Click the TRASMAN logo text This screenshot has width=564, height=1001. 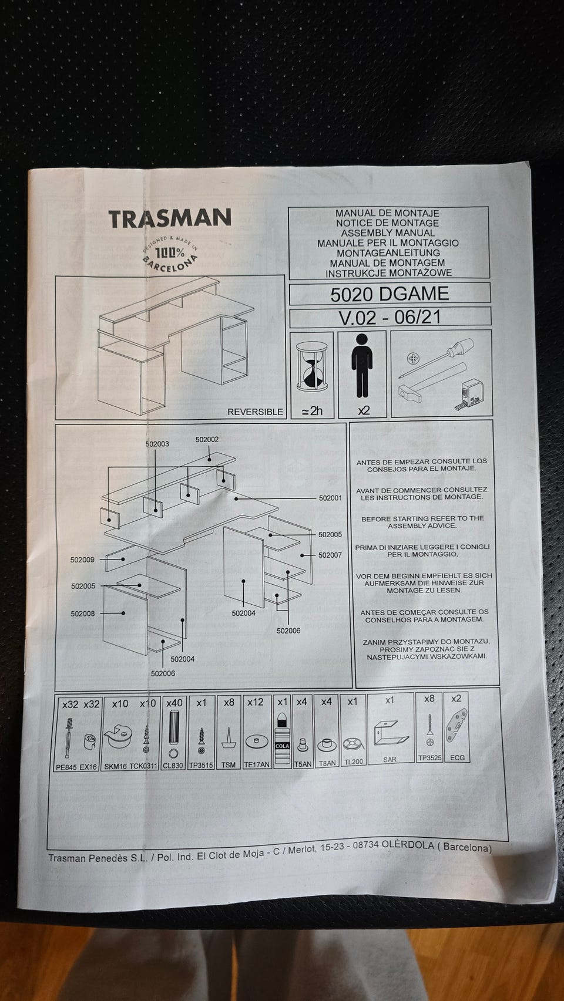pos(170,218)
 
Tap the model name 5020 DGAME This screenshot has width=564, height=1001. pos(389,294)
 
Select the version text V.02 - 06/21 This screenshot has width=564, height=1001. pos(390,318)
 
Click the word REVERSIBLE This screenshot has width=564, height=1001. pos(255,412)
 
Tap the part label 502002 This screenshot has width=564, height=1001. pos(207,439)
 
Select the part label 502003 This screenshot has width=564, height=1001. pos(157,444)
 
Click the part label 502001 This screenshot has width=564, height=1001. pos(330,498)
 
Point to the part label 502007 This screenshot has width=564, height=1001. pos(330,555)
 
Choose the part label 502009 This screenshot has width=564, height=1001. pos(82,560)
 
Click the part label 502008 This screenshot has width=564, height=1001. pos(82,614)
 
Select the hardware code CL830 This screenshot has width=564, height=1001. pos(174,766)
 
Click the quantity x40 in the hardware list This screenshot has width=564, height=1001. pos(174,703)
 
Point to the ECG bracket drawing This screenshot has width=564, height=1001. pos(456,726)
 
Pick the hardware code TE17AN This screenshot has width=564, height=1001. pos(256,765)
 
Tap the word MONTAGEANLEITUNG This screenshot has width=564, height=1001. pos(388,253)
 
